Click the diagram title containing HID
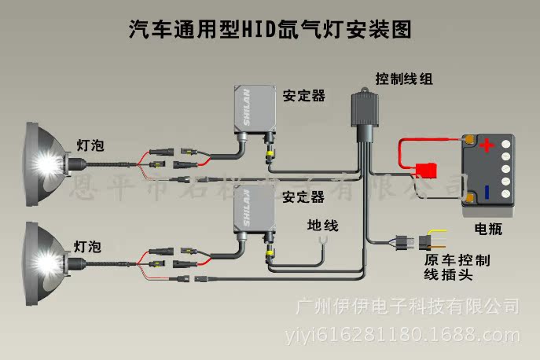click(270, 29)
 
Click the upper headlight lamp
click(44, 157)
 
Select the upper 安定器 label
click(304, 96)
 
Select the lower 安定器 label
click(304, 196)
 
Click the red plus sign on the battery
click(487, 146)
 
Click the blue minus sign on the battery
click(487, 192)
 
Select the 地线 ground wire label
click(322, 226)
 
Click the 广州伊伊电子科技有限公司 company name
click(406, 304)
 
